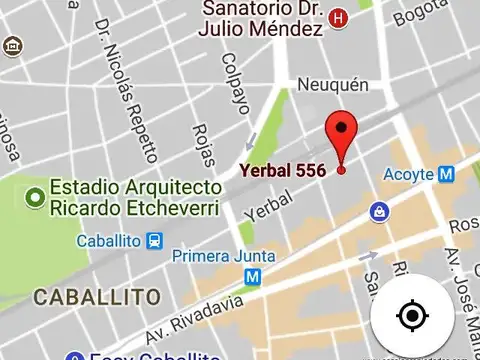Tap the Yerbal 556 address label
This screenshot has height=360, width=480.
point(281,171)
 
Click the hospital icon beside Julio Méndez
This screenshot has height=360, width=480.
point(339,18)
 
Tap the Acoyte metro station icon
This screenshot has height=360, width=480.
point(447,174)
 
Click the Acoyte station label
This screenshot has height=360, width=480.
point(408,175)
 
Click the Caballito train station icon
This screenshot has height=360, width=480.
point(154,241)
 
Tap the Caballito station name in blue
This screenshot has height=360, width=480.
point(109,241)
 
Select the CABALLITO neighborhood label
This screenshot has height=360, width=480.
point(96,297)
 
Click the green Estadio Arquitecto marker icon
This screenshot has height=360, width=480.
point(36,197)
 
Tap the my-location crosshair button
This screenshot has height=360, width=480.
point(411,317)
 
